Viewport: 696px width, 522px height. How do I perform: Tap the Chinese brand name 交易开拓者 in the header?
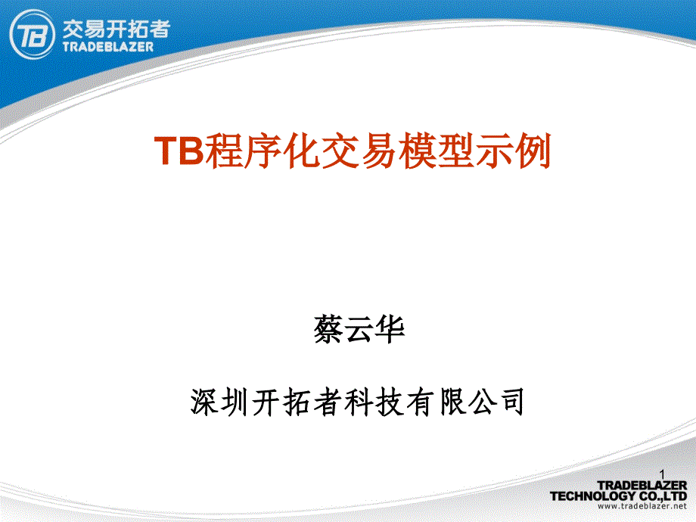tap(116, 28)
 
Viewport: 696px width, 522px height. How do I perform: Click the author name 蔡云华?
tap(359, 331)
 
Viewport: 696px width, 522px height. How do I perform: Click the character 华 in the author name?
tap(390, 331)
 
